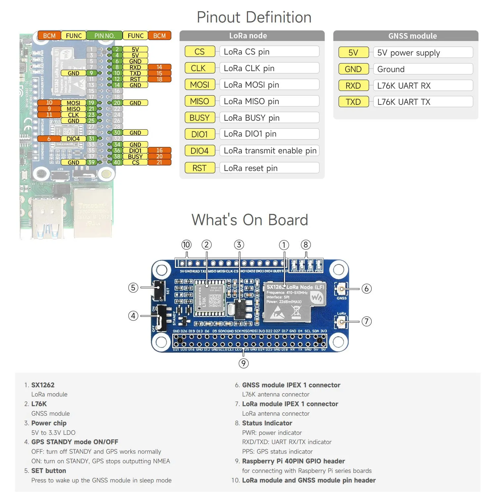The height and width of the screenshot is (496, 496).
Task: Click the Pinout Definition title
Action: point(254,17)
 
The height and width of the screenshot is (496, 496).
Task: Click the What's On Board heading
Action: point(250,220)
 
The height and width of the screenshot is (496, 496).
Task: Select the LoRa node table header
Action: point(248,36)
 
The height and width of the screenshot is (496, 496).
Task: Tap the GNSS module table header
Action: point(412,36)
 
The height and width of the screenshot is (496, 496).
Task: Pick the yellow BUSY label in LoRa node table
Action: point(200,118)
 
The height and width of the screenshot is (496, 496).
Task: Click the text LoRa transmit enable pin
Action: point(270,151)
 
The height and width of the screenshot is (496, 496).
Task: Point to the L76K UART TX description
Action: point(404,102)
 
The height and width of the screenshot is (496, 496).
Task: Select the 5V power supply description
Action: point(408,53)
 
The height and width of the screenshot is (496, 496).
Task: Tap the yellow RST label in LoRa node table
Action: point(199,168)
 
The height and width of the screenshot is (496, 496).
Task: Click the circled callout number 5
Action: point(133,288)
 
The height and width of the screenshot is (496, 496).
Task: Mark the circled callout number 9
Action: point(243,363)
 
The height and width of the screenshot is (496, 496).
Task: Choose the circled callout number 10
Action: point(186,245)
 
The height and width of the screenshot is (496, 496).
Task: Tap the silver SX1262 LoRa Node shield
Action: point(294,302)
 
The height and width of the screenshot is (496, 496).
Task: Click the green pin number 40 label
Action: point(117,162)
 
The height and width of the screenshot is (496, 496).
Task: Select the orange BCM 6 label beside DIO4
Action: point(49,139)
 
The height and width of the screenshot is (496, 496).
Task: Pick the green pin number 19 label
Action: point(91,103)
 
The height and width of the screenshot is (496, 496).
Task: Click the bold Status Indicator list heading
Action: point(267,423)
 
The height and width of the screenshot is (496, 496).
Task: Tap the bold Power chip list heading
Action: point(49,423)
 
